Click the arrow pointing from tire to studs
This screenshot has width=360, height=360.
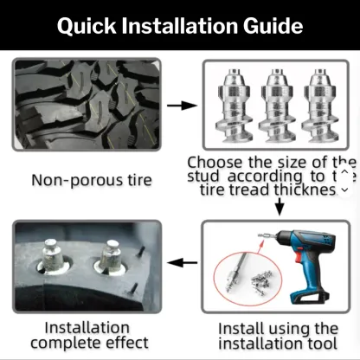[x=179, y=106]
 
